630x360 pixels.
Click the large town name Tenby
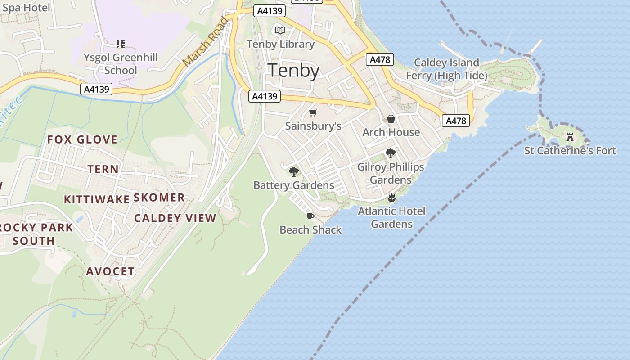(293, 71)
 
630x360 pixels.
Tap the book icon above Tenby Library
(280, 30)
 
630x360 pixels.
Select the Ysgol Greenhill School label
(121, 64)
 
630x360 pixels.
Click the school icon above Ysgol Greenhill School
(120, 44)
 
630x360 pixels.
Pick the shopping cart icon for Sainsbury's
(313, 112)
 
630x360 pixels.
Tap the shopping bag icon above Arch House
(391, 119)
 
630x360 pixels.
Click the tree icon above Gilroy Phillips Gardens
(391, 153)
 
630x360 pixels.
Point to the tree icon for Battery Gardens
(294, 171)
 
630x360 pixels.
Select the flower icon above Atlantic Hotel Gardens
(391, 198)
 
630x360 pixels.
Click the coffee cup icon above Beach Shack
(310, 216)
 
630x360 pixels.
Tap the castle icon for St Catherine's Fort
(570, 137)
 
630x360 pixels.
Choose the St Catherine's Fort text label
(570, 150)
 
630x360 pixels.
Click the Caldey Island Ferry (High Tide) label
(446, 69)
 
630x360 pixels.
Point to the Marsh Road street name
(206, 41)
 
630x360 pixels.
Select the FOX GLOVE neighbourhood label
(82, 139)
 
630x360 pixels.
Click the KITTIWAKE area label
(97, 199)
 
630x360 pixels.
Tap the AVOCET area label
(110, 271)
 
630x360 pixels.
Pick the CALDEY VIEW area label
(175, 218)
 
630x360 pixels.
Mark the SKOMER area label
(159, 198)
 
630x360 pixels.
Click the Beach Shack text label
(310, 230)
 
